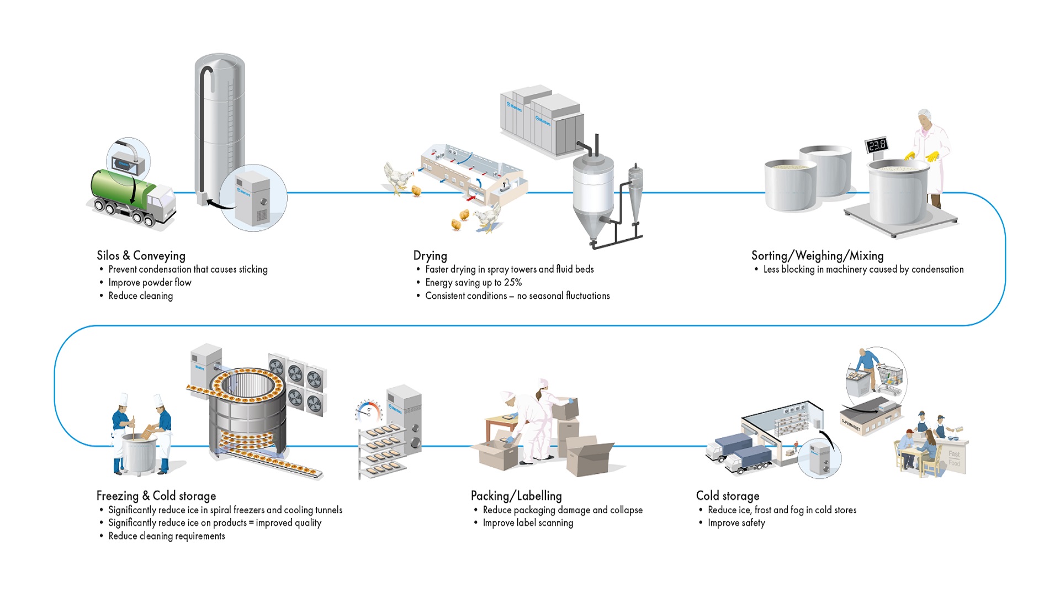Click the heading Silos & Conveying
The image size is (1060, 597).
coord(141,256)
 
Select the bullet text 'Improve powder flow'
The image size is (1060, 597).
coord(150,283)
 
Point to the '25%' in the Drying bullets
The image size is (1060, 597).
coord(512,283)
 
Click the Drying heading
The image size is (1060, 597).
coord(430,256)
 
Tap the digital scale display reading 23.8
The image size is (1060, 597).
coord(877,145)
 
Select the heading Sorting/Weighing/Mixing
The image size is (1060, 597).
coord(817,256)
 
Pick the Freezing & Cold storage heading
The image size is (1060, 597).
coord(156,496)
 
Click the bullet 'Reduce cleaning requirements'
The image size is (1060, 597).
coord(167,536)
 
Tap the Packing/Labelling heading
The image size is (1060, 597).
coord(516,496)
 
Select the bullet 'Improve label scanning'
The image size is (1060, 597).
coord(528,523)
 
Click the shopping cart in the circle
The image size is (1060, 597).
coord(890,377)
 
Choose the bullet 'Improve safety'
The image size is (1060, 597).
coord(736,523)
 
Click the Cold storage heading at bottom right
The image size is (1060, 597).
coord(728,496)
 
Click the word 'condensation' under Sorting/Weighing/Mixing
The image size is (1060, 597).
coord(937,270)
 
